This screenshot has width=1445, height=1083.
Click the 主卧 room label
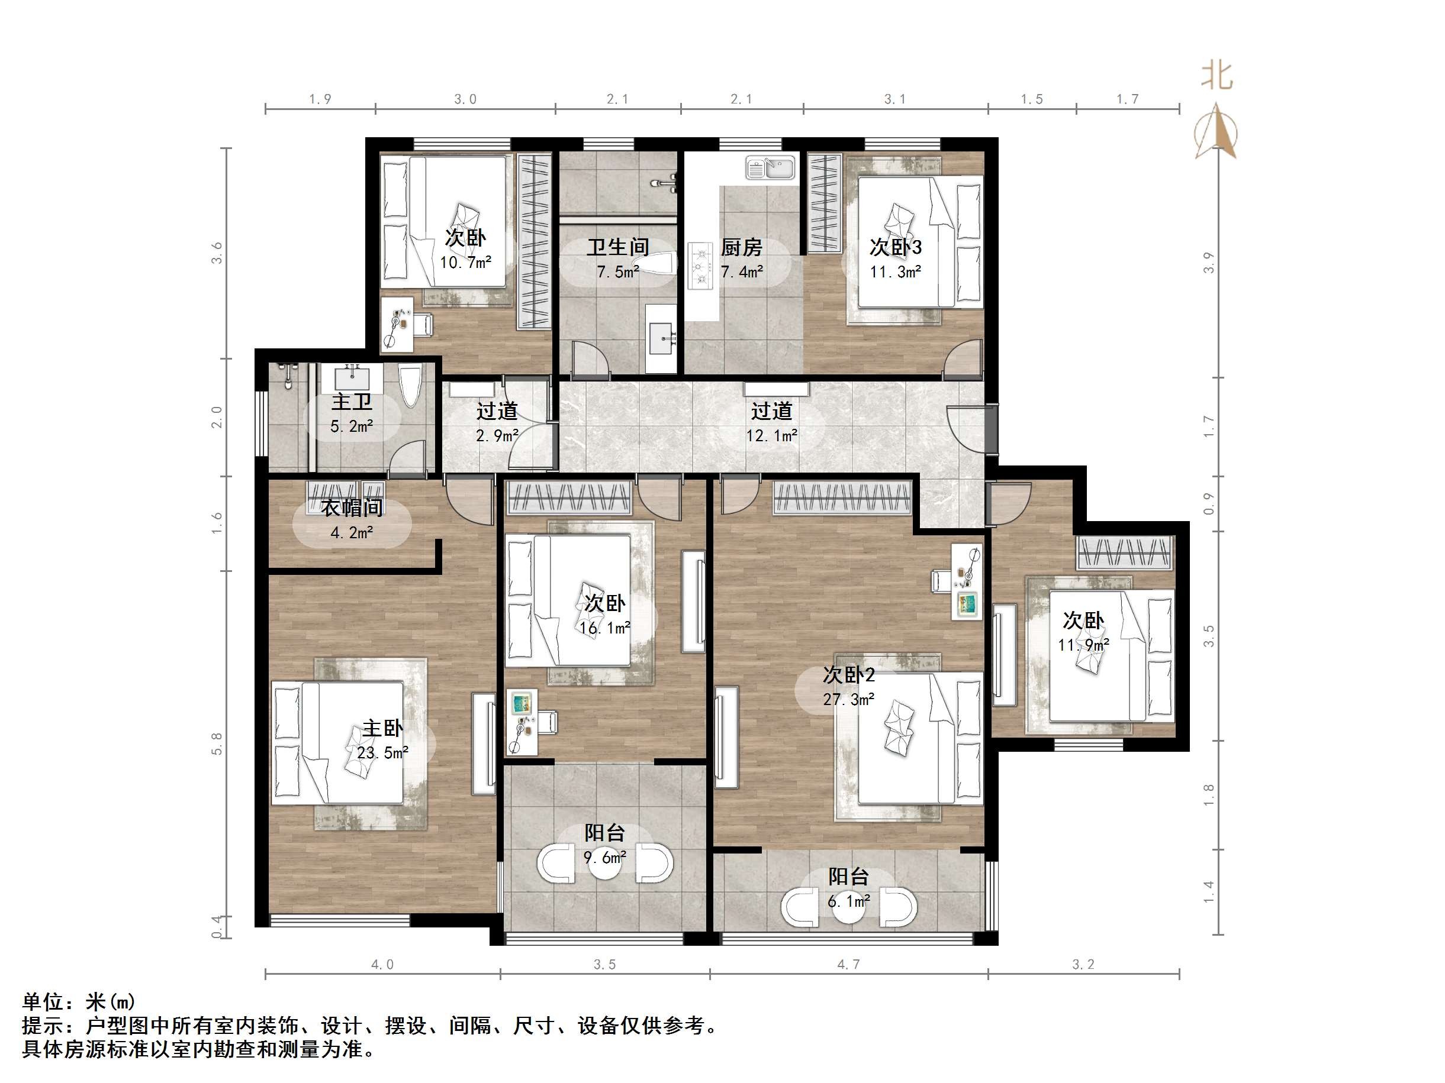point(382,728)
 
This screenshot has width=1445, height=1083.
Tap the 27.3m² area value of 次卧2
point(848,699)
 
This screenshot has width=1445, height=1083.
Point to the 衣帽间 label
point(352,507)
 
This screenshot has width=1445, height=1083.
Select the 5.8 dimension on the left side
point(217,744)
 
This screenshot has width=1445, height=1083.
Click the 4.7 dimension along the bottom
point(848,964)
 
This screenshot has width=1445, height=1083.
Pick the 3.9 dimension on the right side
point(1209,263)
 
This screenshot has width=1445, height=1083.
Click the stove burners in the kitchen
point(700,266)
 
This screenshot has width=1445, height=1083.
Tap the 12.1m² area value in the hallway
point(771,435)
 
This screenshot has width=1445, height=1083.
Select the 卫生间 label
point(617,247)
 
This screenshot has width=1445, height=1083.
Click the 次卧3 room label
point(895,247)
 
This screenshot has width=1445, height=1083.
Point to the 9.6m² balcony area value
point(604,857)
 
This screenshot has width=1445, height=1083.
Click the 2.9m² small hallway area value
point(497,435)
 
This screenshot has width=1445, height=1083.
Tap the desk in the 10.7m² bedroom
point(397,325)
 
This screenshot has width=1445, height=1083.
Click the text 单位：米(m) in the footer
point(79,1001)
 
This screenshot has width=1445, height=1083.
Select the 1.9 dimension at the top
point(320,99)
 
